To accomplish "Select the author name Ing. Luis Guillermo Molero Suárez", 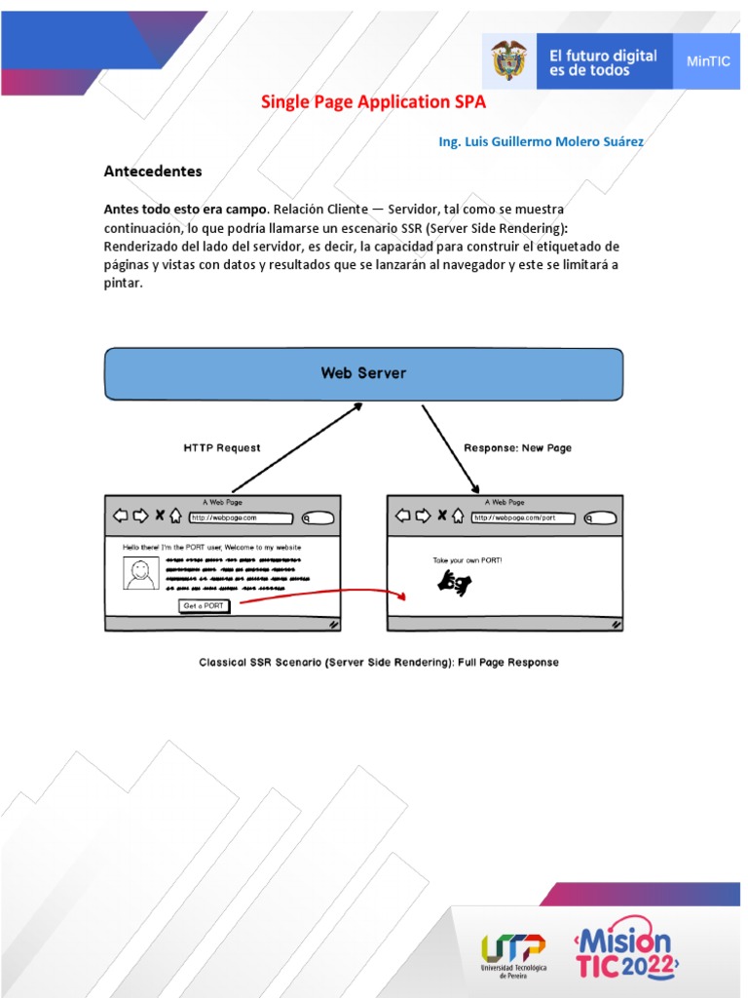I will (541, 141).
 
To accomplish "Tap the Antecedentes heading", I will (153, 172).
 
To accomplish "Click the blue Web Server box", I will (363, 373).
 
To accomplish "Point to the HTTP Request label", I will (222, 448).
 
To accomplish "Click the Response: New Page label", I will (517, 448).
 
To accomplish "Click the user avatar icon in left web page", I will (140, 573).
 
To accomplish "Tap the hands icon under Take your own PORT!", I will (454, 583).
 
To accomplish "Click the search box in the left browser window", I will (318, 518).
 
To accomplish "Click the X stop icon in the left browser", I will (160, 517).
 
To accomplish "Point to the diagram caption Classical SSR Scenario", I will (379, 663).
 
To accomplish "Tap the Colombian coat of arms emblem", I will (507, 61).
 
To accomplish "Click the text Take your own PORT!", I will (467, 561).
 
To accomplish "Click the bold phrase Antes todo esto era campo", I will (186, 210).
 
